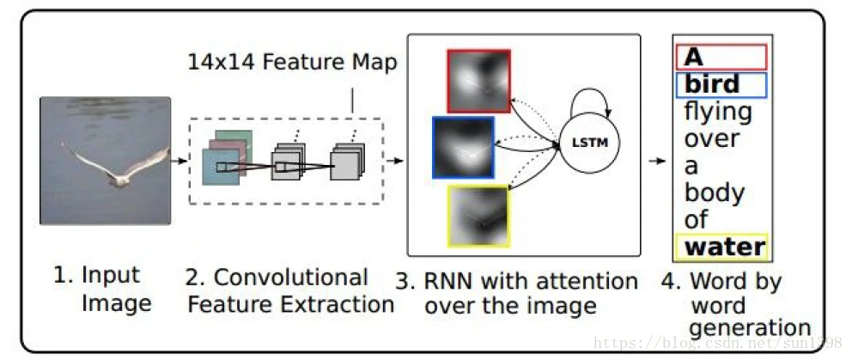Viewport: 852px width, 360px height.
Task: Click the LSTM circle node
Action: [x=590, y=142]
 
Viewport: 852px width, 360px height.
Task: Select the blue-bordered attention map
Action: [x=464, y=148]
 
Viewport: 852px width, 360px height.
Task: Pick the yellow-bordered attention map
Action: [x=478, y=216]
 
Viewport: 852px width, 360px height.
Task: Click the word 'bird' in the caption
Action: [x=712, y=84]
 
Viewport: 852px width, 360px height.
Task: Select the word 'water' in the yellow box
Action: [x=725, y=247]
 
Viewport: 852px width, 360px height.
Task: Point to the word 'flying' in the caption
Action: [x=717, y=112]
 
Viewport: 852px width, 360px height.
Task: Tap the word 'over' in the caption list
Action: [x=711, y=138]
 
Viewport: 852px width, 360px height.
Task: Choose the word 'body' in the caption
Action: [x=715, y=192]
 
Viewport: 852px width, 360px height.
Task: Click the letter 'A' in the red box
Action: [x=694, y=57]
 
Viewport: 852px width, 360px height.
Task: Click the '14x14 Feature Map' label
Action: [x=293, y=63]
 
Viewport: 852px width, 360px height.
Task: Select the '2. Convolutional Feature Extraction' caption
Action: [x=290, y=290]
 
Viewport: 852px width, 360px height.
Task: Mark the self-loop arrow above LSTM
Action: [x=596, y=101]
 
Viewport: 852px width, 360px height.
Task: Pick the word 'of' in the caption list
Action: [x=696, y=220]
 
